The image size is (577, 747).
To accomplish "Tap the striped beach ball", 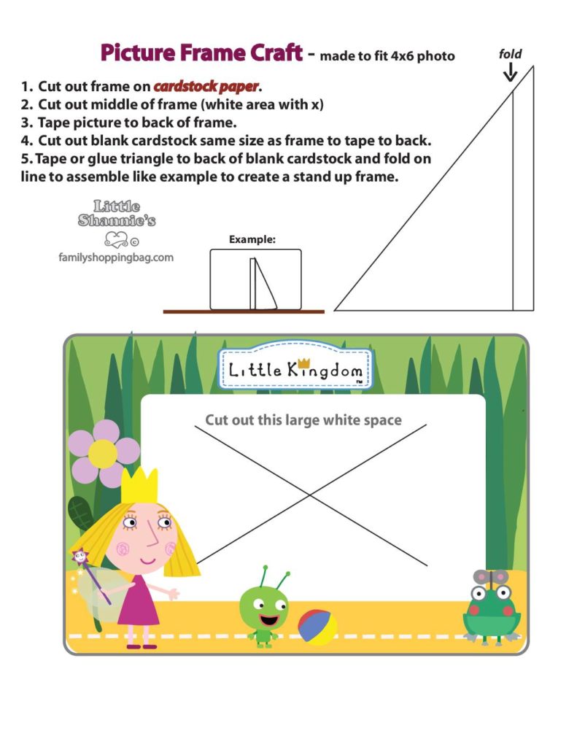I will [317, 626].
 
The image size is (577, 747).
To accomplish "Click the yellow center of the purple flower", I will [103, 453].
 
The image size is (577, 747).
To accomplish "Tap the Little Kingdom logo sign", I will [295, 369].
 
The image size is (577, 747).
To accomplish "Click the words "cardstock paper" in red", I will [206, 87].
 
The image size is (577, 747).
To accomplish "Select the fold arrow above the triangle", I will [510, 71].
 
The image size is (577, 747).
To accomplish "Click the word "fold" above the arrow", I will [510, 53].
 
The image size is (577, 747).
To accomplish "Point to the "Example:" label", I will [252, 239].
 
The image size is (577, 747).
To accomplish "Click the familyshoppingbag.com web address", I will [116, 257].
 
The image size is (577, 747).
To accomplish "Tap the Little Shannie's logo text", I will [117, 214].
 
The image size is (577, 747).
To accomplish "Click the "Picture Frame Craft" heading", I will [201, 53].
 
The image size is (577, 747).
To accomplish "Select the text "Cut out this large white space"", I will [303, 419].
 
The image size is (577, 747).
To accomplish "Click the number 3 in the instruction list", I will [25, 121].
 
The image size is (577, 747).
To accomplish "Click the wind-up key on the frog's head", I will [491, 577].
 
